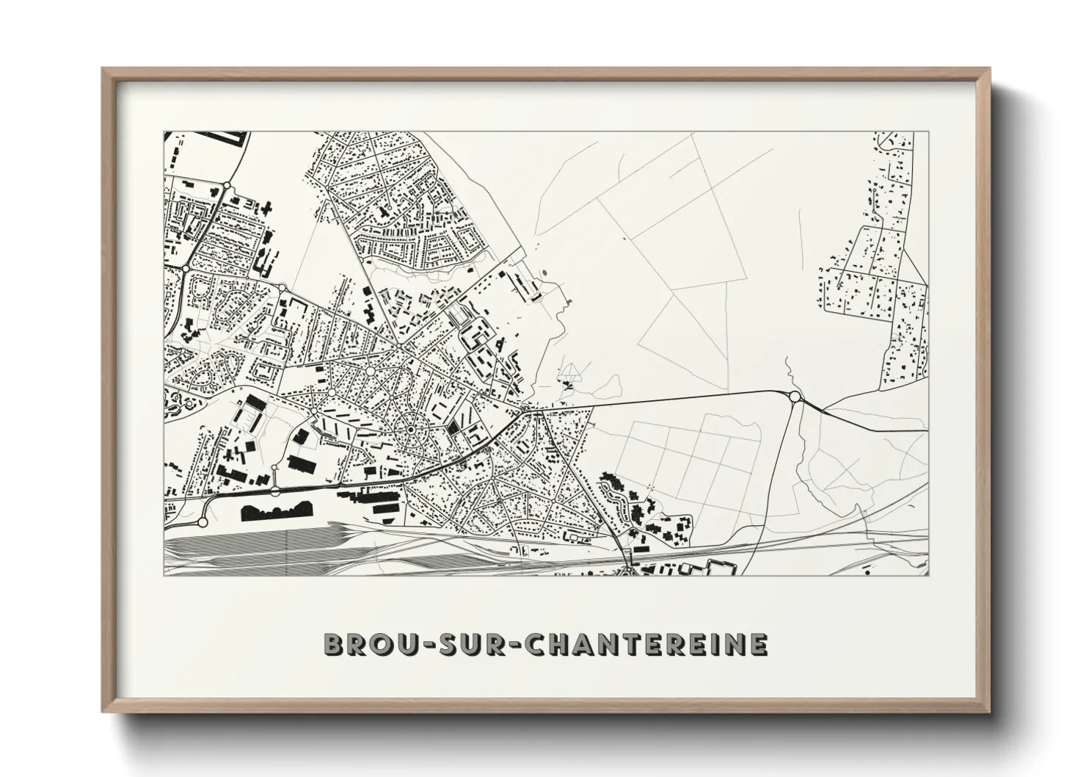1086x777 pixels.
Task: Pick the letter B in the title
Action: coord(335,646)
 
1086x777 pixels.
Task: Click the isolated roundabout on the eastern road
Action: coord(794,397)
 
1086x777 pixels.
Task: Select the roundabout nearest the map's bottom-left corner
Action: coord(203,523)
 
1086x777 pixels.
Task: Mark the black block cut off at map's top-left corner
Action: coord(223,137)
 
